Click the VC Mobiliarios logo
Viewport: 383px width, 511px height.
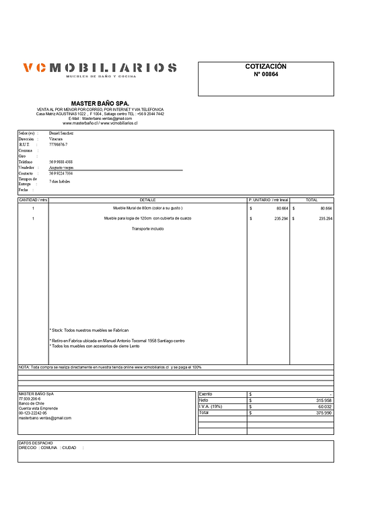coord(100,69)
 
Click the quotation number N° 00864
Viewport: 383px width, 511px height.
coord(265,75)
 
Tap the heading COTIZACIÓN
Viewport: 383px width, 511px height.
coord(265,67)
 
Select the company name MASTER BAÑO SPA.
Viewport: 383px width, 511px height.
coord(100,104)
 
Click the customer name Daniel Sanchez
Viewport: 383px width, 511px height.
coord(63,134)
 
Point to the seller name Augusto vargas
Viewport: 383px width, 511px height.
coord(62,168)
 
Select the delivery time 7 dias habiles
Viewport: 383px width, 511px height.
coord(59,182)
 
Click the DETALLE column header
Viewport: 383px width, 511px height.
coord(147,200)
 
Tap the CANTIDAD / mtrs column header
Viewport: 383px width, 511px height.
coord(33,200)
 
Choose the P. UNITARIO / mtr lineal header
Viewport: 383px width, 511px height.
coord(268,200)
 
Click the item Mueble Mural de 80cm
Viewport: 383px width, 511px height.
coord(147,209)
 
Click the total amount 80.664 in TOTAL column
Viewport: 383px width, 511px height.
coord(326,209)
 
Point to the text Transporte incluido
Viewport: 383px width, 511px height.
coord(147,229)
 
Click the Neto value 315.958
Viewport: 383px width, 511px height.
coord(324,400)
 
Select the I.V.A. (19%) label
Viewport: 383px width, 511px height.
coord(210,407)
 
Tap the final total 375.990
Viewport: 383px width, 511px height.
coord(324,413)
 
